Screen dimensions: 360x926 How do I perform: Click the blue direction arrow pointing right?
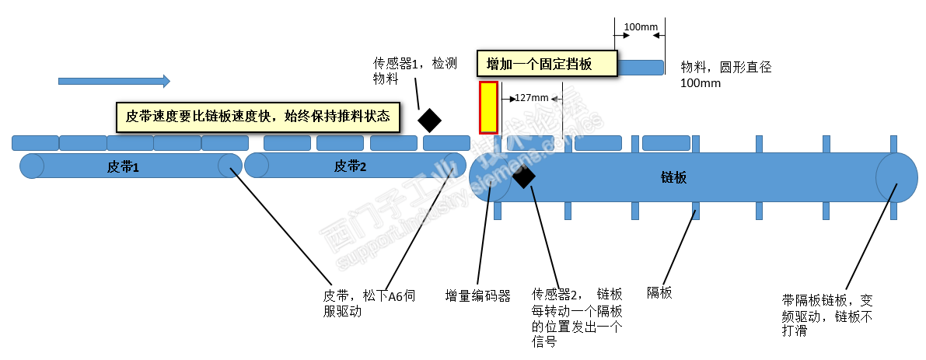pyautogui.click(x=114, y=81)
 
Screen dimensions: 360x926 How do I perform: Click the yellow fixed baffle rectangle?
pyautogui.click(x=488, y=107)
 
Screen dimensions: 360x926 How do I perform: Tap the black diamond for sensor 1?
pyautogui.click(x=429, y=121)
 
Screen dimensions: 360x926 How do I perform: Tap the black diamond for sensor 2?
pyautogui.click(x=523, y=177)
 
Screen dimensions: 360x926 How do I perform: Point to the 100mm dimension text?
pyautogui.click(x=640, y=26)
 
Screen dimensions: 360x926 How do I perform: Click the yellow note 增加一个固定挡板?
pyautogui.click(x=546, y=65)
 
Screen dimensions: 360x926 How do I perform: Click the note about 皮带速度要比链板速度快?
pyautogui.click(x=257, y=117)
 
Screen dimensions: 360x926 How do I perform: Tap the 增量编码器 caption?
pyautogui.click(x=477, y=295)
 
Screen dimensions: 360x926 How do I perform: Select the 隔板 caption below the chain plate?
pyautogui.click(x=659, y=293)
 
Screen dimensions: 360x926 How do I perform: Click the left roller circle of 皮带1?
pyautogui.click(x=33, y=166)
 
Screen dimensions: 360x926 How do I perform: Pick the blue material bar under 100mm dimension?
pyautogui.click(x=641, y=68)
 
